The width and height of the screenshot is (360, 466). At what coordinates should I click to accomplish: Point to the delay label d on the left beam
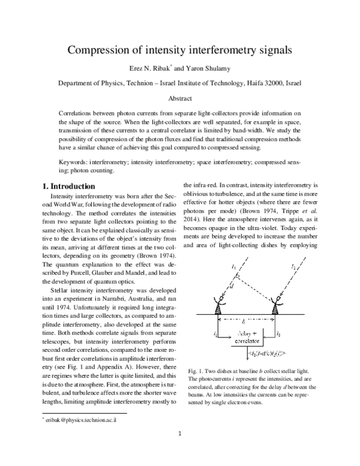pyautogui.click(x=232, y=286)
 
